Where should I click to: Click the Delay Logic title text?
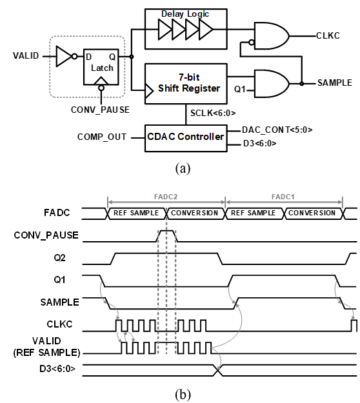click(185, 14)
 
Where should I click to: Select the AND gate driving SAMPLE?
click(272, 84)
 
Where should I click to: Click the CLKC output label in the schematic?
click(328, 35)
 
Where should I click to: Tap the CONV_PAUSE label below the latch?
click(100, 110)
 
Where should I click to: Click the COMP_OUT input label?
click(102, 137)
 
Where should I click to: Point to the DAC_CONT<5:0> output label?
click(277, 130)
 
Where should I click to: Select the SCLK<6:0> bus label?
click(213, 113)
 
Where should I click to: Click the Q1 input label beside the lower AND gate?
click(239, 89)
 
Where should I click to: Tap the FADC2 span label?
click(166, 197)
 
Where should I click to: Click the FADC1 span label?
click(283, 197)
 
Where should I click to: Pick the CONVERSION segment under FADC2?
click(195, 213)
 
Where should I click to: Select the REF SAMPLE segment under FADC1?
click(254, 213)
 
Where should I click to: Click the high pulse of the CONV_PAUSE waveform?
click(166, 231)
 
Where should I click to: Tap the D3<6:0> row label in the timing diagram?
click(57, 369)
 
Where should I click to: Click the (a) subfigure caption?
click(183, 168)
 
